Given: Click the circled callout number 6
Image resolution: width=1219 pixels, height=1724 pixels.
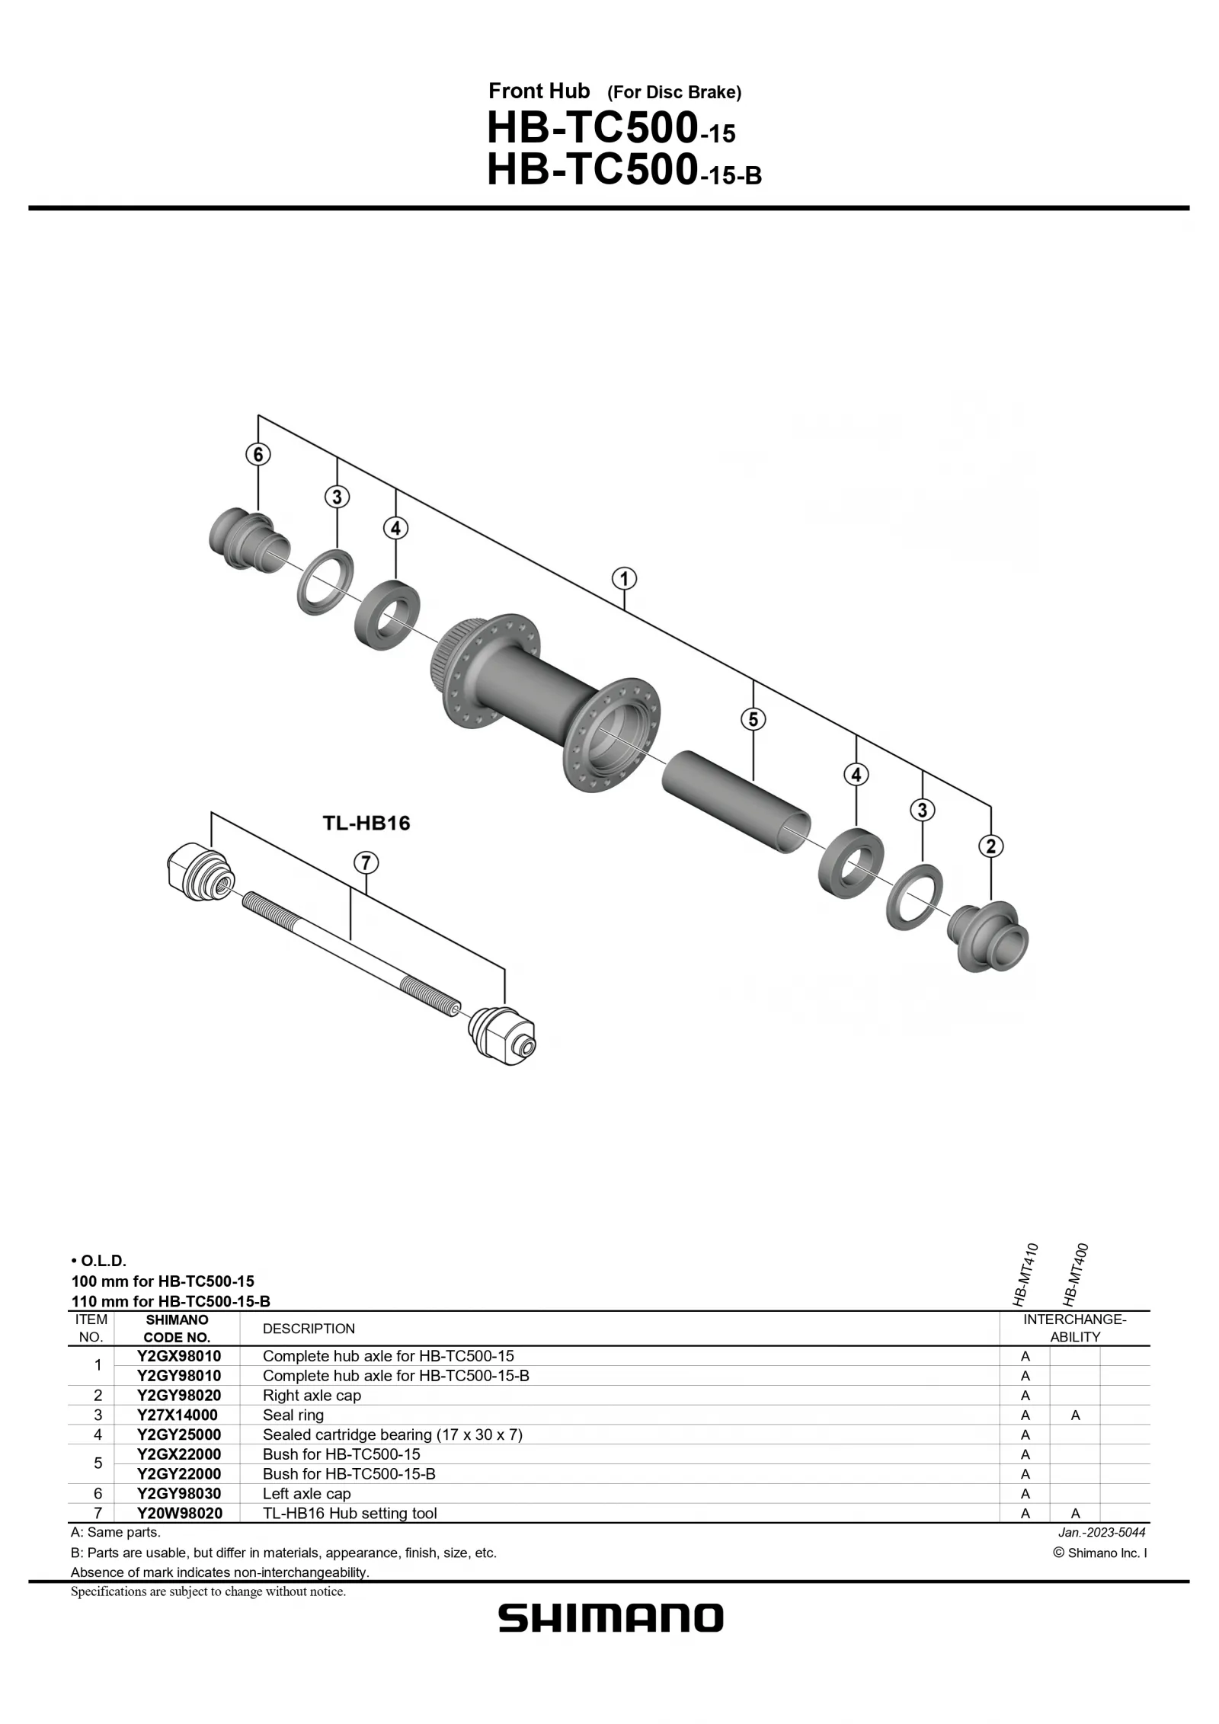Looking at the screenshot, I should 258,455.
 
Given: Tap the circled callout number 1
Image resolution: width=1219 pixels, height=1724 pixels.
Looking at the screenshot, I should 624,579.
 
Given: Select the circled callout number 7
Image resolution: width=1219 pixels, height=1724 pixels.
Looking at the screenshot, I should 366,863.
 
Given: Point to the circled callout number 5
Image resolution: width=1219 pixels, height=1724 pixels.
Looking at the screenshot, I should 753,719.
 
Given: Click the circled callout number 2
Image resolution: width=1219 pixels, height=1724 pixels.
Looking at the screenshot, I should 990,846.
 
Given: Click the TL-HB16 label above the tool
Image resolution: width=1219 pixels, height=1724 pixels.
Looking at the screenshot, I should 366,823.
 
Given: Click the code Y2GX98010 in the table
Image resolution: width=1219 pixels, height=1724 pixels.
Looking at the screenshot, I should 179,1355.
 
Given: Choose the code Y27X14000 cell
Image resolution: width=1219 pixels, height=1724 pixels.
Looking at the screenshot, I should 178,1415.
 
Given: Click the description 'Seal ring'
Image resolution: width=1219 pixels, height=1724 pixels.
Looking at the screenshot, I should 293,1415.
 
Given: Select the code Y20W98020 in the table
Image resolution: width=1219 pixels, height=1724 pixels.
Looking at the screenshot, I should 180,1513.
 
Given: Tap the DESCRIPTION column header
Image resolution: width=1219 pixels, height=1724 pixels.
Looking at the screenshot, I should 309,1329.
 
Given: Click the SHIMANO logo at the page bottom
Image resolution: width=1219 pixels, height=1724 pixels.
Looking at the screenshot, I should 610,1619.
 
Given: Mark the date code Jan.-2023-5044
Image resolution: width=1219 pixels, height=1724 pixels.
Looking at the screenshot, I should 1102,1532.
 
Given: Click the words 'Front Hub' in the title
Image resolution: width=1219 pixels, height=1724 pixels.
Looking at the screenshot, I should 539,91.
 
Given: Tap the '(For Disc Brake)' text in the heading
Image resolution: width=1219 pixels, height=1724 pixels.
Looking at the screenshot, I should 674,93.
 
